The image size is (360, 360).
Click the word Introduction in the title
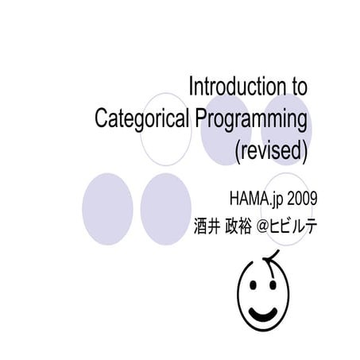235,86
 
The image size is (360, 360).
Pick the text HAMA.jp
257,197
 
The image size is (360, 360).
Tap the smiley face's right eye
275,285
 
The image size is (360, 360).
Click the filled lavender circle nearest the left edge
106,208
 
